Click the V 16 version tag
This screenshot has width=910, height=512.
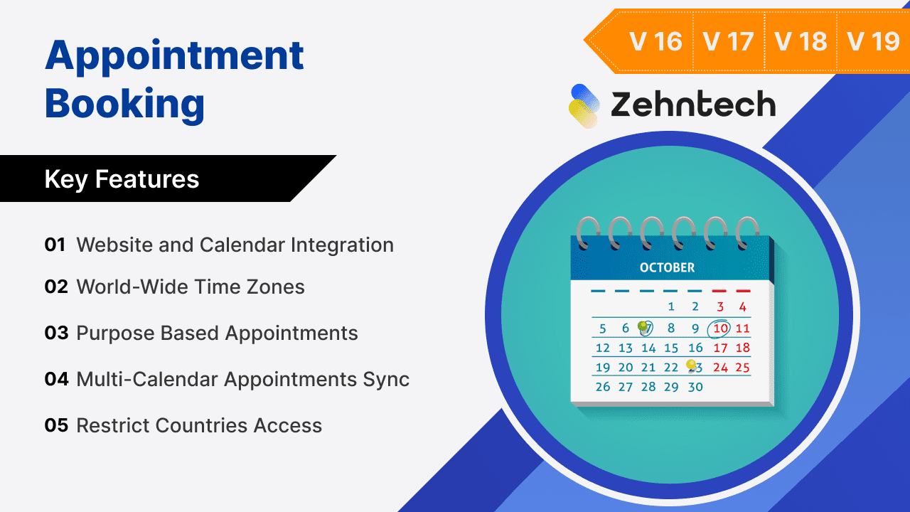pos(655,41)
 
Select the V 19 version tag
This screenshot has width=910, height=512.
pos(874,41)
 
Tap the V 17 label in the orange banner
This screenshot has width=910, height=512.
pos(728,41)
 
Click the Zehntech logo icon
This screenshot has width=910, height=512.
pos(584,106)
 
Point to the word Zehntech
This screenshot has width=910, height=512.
pos(693,105)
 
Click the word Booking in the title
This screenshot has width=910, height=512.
pos(124,103)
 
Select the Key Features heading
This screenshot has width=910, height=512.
pos(122,179)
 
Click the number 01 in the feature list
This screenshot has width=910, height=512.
pos(55,245)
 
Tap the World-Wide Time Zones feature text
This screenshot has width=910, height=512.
pos(191,287)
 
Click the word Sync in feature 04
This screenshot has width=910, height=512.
pos(387,379)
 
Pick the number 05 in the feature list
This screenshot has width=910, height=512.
pos(56,425)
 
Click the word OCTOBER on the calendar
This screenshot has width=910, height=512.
pos(667,267)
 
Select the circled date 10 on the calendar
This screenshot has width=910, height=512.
pos(720,329)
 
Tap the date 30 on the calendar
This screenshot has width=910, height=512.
pos(695,387)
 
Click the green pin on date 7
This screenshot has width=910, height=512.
pos(643,326)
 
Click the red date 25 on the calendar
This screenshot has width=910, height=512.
pos(742,368)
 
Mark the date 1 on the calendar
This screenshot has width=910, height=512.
pos(671,307)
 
